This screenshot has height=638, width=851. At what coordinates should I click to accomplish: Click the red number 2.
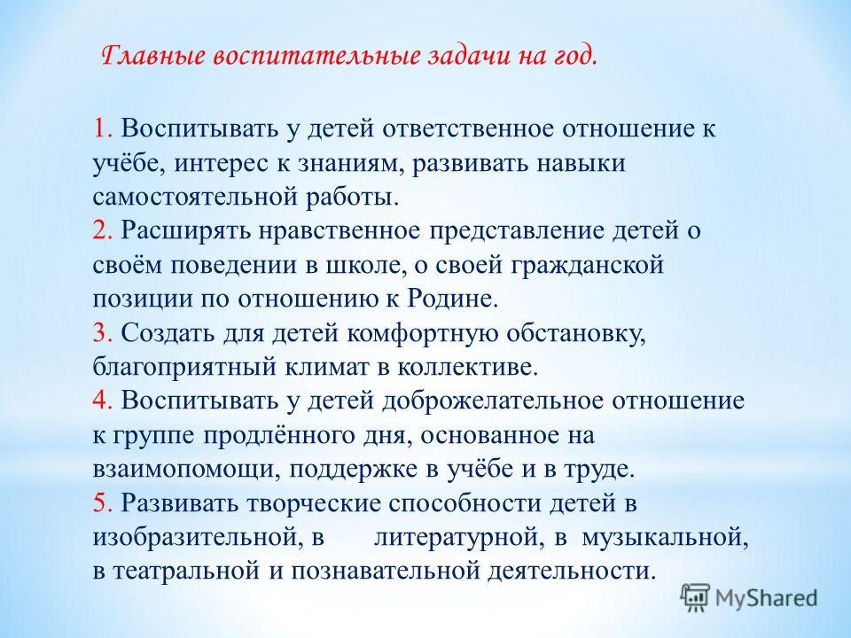102,230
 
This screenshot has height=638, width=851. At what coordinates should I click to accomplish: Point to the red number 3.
102,332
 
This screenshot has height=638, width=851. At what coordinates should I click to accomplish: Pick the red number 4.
102,401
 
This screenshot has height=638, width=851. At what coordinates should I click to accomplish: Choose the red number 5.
102,503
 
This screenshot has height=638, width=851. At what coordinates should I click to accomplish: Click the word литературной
460,538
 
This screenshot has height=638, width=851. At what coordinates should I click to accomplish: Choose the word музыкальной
666,538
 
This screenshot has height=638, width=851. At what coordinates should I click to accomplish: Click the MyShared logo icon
695,597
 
